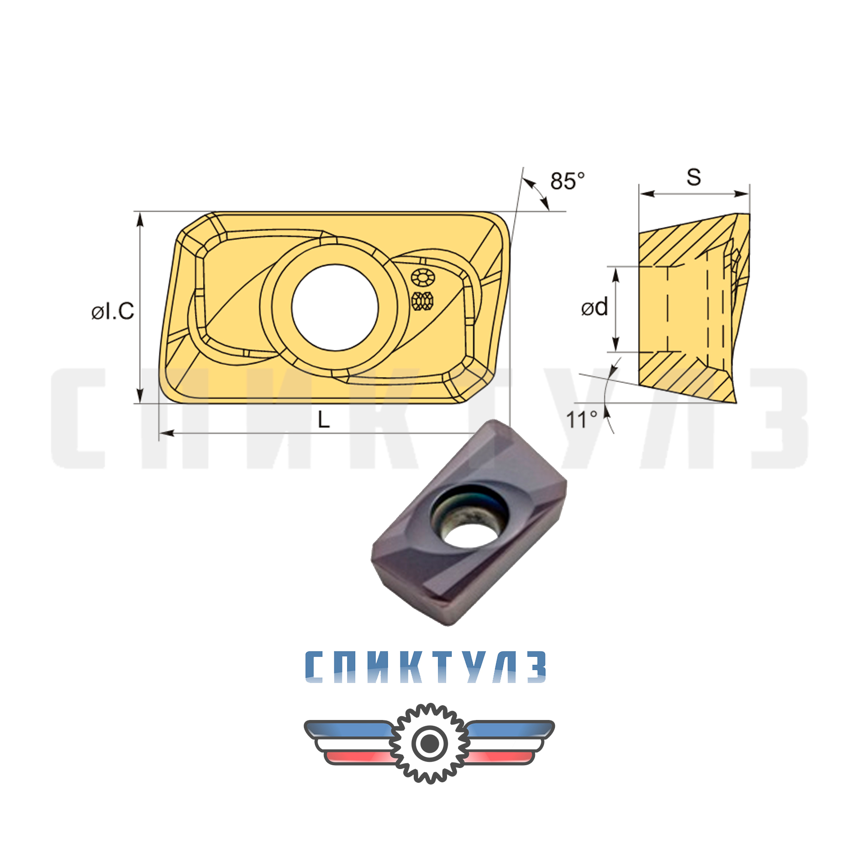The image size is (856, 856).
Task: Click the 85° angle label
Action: click(567, 181)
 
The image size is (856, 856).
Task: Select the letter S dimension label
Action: click(693, 177)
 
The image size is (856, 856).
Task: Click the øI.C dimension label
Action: click(113, 311)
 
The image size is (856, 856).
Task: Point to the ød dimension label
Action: click(594, 307)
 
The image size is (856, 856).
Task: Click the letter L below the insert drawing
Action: click(323, 419)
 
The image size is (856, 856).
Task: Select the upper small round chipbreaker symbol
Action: click(422, 277)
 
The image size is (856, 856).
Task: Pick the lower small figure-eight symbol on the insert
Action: click(422, 301)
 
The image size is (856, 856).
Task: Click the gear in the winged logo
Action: click(429, 743)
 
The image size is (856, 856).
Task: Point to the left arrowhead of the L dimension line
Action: click(166, 433)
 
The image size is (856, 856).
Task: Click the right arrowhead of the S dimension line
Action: click(743, 194)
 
